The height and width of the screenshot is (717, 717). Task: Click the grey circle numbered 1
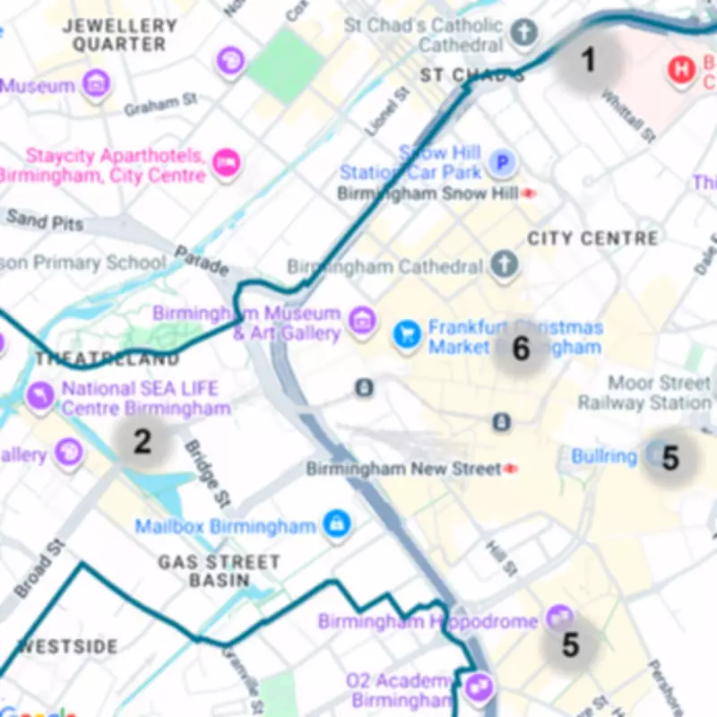588,60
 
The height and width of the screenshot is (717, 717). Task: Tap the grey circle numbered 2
142,441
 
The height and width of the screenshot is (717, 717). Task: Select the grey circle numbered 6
521,349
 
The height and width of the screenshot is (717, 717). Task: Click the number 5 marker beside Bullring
669,458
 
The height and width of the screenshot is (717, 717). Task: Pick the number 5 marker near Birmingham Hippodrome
571,644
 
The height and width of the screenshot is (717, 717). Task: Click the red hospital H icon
684,69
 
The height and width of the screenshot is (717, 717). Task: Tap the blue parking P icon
504,163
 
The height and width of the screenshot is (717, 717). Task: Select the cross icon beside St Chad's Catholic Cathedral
524,34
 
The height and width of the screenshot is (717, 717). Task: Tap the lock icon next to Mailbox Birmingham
337,524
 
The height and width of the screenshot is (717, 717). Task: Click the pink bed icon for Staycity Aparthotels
227,162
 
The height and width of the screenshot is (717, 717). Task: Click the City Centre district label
592,238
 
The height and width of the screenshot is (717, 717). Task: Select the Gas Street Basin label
220,571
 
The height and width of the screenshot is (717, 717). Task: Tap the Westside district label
68,646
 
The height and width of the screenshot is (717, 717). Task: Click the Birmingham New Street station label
403,469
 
